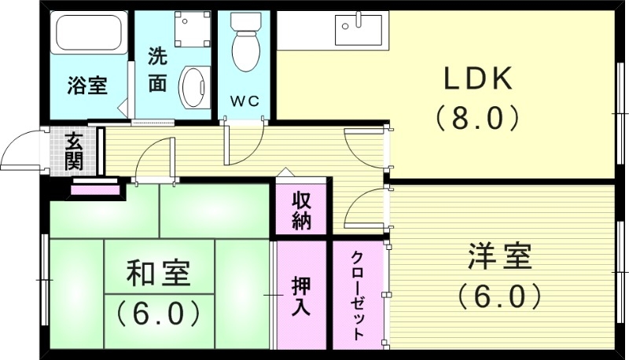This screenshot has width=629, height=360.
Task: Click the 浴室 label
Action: [x=86, y=86]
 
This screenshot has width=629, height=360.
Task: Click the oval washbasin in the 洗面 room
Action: [x=193, y=87]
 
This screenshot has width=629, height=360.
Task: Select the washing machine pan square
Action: [x=190, y=29]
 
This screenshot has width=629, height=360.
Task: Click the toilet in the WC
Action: [x=245, y=43]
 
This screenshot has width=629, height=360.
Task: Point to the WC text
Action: [x=243, y=101]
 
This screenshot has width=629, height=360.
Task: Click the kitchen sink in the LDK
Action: [x=358, y=30]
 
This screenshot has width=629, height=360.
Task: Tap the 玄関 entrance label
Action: [x=74, y=152]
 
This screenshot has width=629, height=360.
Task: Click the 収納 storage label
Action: [x=301, y=210]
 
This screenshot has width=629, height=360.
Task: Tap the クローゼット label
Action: [x=357, y=295]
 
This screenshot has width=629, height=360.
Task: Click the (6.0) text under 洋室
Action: [x=499, y=296]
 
